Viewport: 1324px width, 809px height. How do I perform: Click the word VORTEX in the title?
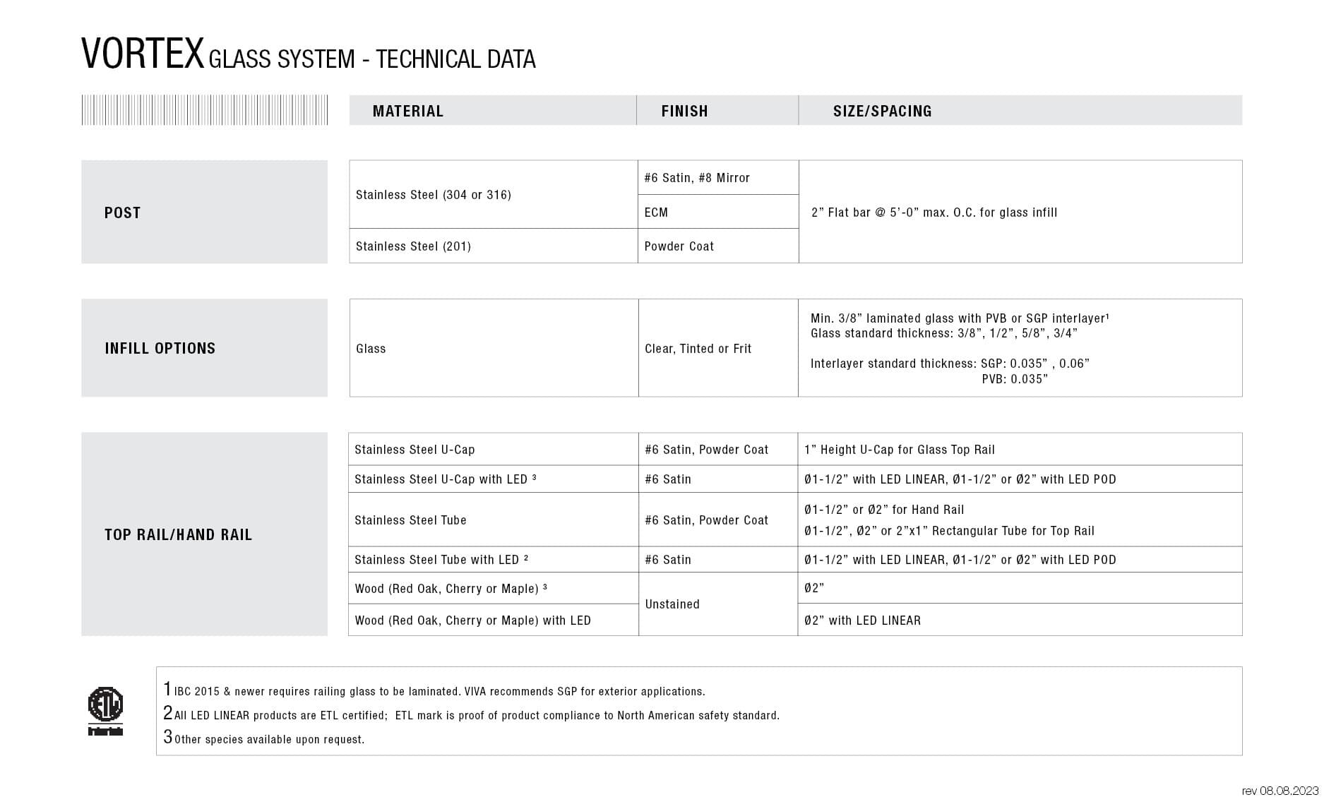[143, 54]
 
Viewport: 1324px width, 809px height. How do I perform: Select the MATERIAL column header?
[407, 111]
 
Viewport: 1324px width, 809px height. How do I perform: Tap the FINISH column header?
[684, 111]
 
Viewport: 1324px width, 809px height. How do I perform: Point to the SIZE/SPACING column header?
[882, 111]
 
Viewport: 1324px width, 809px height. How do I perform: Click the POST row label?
[123, 212]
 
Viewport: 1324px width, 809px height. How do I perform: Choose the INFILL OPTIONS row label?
[160, 348]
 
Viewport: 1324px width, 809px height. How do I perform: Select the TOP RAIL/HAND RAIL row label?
[178, 534]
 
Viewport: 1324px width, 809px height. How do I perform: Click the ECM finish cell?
[656, 212]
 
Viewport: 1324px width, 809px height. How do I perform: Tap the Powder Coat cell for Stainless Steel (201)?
[679, 246]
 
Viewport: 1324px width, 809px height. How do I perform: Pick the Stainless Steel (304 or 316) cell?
[433, 195]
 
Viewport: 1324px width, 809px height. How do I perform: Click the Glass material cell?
[371, 349]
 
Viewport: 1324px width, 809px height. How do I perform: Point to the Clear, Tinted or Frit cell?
[698, 349]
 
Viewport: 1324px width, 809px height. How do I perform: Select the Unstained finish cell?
[672, 604]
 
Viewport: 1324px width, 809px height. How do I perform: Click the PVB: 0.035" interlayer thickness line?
[1014, 379]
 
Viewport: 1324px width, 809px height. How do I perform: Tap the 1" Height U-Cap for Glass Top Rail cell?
[899, 450]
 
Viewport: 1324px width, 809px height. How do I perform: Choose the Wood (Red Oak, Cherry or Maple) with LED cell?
[472, 621]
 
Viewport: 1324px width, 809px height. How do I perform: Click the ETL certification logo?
[105, 709]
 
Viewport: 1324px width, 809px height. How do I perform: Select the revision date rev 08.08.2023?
[1280, 791]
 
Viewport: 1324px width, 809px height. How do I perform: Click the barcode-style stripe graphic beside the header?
[204, 110]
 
